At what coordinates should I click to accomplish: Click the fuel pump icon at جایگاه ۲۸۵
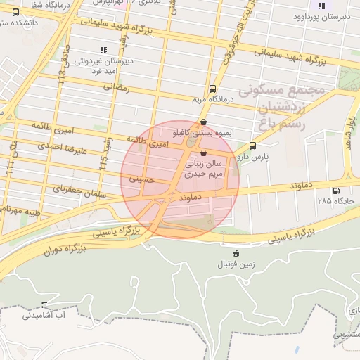(335, 190)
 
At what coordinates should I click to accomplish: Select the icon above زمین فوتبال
(236, 253)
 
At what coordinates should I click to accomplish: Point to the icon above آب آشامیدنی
(44, 304)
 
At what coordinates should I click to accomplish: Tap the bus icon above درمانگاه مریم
(212, 89)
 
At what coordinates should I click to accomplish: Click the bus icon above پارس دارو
(253, 146)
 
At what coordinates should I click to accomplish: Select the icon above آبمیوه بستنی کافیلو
(204, 122)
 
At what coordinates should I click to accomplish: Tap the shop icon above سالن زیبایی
(204, 152)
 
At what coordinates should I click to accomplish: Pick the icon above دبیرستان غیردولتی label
(103, 50)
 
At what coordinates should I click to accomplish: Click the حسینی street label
(141, 179)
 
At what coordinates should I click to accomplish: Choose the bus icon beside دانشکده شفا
(15, 12)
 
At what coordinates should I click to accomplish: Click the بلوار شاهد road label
(349, 134)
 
